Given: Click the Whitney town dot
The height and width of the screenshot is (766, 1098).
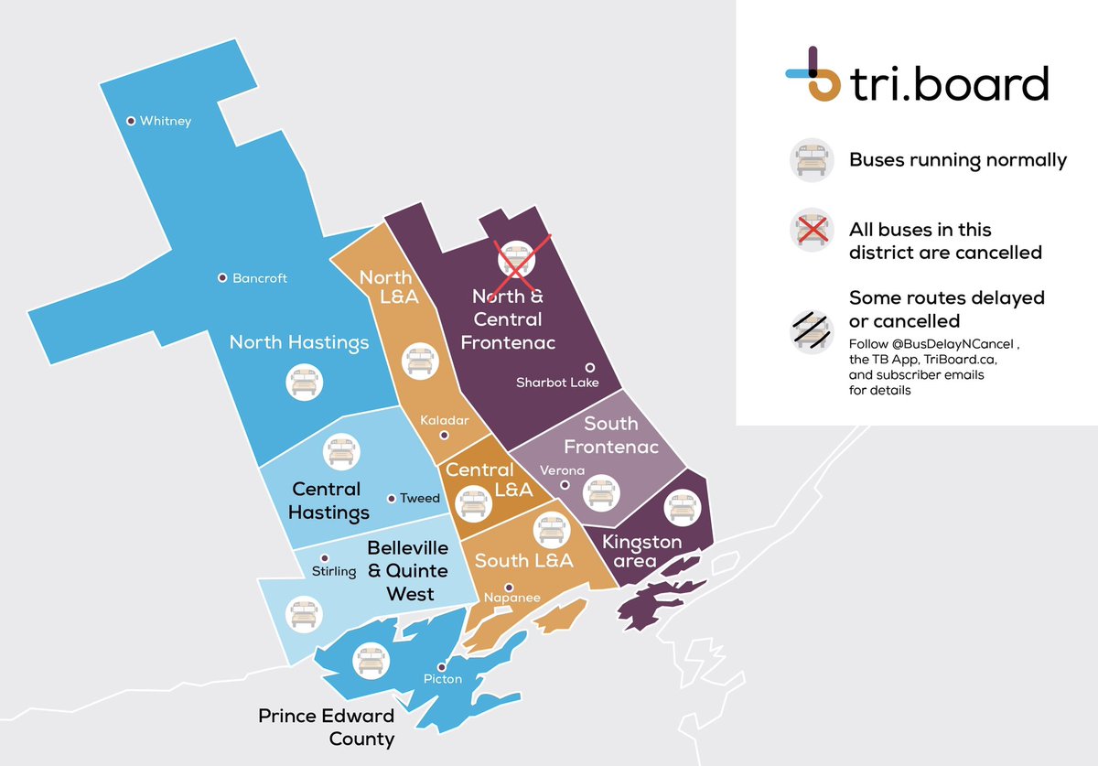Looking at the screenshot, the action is (x=131, y=120).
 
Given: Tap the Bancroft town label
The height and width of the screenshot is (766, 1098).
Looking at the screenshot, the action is (x=259, y=278).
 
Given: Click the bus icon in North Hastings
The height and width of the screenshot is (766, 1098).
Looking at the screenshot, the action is (x=304, y=381).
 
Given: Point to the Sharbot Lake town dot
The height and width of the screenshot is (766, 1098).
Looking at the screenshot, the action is (x=590, y=367).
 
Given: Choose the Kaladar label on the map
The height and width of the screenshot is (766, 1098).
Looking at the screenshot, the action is (x=444, y=421).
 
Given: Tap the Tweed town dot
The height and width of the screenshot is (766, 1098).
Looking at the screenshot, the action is (x=392, y=499).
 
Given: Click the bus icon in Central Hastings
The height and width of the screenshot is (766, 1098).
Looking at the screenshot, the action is (x=341, y=451).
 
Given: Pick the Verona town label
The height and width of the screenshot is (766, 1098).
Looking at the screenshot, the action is (x=562, y=470).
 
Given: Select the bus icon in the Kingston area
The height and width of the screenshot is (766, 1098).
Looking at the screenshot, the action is (x=683, y=506).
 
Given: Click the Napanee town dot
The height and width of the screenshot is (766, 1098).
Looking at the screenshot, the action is (x=509, y=588).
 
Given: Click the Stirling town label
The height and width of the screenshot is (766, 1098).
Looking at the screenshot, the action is (x=334, y=572).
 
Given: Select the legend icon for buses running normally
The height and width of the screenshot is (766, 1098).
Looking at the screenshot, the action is (x=809, y=159).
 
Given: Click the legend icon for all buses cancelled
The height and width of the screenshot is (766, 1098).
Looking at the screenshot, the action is (x=809, y=229).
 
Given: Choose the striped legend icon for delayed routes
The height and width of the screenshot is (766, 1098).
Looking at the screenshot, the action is (x=809, y=330).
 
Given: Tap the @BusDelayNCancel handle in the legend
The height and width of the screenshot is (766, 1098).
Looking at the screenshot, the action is (x=953, y=344).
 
